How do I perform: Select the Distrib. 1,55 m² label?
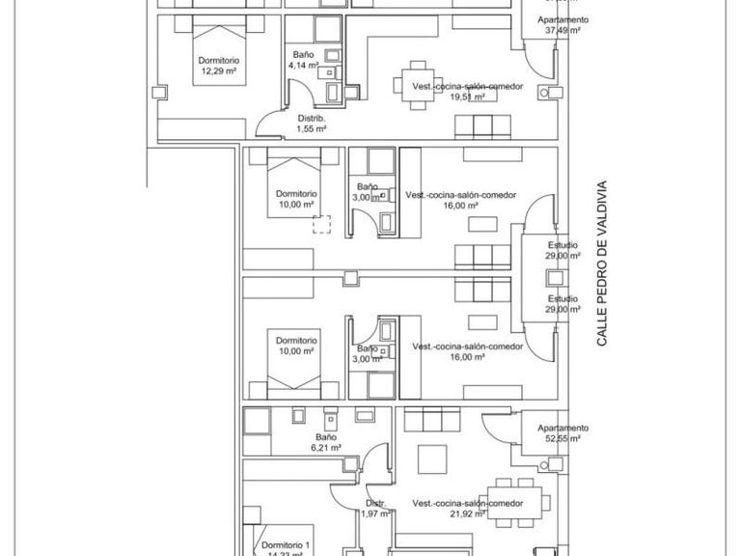[311, 123]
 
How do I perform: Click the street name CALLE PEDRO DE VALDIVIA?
[601, 264]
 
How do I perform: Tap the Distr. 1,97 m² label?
[375, 509]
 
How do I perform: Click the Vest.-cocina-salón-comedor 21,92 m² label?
[467, 509]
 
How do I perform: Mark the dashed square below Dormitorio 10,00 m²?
[320, 225]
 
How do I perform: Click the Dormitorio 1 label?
[287, 545]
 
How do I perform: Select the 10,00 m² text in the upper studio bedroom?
[295, 205]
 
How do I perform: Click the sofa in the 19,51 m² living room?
[480, 125]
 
